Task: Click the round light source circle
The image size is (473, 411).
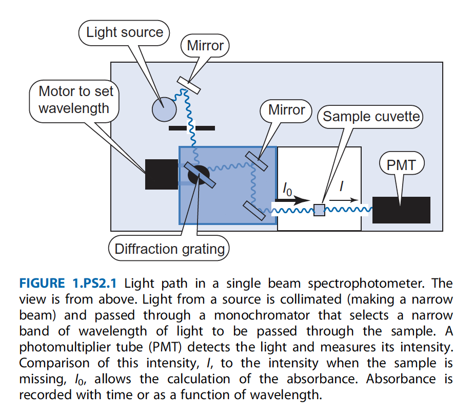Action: (x=164, y=109)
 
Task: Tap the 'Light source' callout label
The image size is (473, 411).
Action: (x=124, y=32)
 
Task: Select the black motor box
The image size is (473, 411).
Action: (x=161, y=174)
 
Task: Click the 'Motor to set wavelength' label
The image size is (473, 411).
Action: (x=76, y=100)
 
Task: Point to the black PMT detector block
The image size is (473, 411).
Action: (x=401, y=210)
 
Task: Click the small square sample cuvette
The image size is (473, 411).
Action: (x=319, y=210)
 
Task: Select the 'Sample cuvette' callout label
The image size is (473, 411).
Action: (x=371, y=117)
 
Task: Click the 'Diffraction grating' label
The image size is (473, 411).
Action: (x=169, y=249)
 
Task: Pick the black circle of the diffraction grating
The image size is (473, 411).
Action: (x=198, y=175)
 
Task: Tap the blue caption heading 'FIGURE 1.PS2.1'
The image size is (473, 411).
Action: (x=69, y=283)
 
